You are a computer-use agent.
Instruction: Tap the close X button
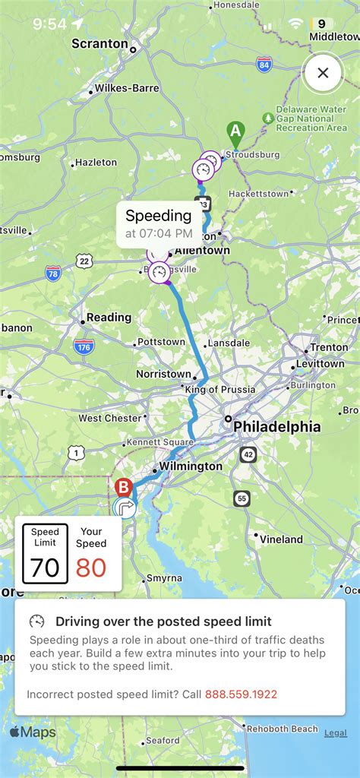pyautogui.click(x=323, y=73)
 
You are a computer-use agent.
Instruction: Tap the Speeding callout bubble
pyautogui.click(x=158, y=223)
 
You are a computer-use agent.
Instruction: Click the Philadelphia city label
pyautogui.click(x=276, y=427)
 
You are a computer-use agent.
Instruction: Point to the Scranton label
pyautogui.click(x=99, y=43)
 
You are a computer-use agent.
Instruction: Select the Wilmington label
pyautogui.click(x=191, y=466)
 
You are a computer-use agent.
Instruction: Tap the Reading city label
pyautogui.click(x=109, y=318)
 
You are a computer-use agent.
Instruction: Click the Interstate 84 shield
pyautogui.click(x=264, y=65)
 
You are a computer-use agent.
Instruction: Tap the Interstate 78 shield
pyautogui.click(x=53, y=273)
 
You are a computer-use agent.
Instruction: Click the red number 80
pyautogui.click(x=91, y=568)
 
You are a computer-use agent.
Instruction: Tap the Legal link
pyautogui.click(x=336, y=733)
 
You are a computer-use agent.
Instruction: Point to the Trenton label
pyautogui.click(x=328, y=347)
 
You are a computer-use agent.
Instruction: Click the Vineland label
pyautogui.click(x=281, y=539)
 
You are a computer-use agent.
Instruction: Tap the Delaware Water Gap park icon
pyautogui.click(x=267, y=119)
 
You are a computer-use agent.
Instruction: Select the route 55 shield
pyautogui.click(x=242, y=498)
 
